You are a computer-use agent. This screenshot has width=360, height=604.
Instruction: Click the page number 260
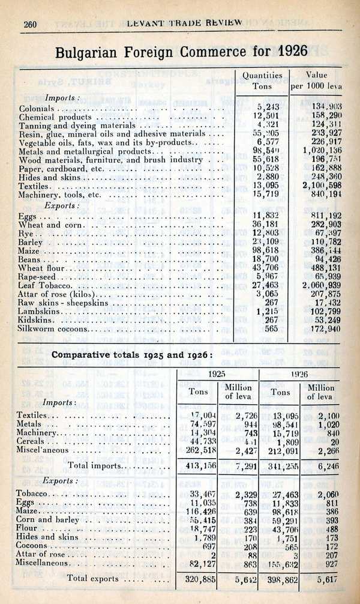[x=31, y=24]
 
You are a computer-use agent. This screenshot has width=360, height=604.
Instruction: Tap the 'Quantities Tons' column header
[x=262, y=80]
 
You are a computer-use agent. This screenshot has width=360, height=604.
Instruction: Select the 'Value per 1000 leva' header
[x=316, y=80]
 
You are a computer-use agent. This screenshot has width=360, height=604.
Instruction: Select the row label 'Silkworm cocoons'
[x=54, y=329]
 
